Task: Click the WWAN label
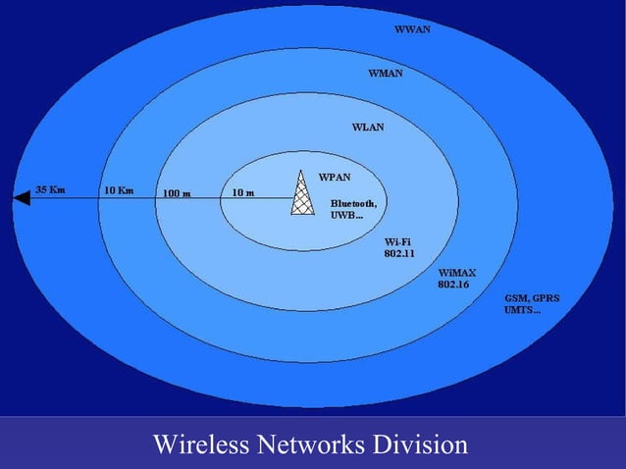click(412, 29)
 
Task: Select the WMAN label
click(386, 74)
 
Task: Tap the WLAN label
click(368, 128)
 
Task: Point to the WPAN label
click(335, 178)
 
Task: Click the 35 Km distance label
click(51, 189)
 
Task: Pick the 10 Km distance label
click(118, 189)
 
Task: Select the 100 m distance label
click(177, 193)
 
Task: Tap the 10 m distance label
click(242, 192)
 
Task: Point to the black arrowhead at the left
click(23, 198)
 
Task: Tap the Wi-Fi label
click(397, 241)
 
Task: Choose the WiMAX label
click(456, 272)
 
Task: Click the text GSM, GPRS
click(532, 297)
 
